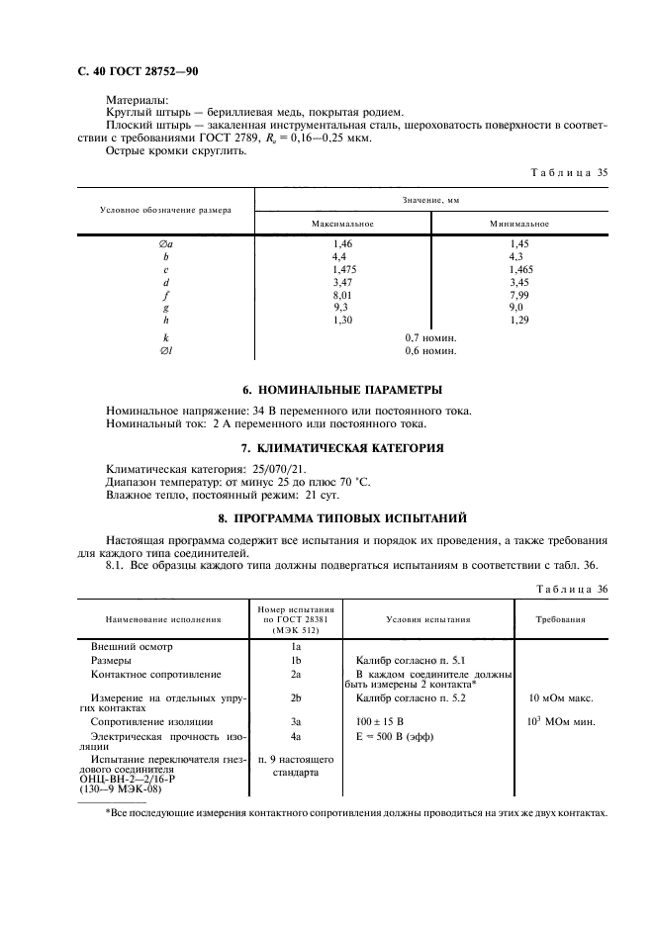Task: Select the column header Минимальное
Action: click(x=519, y=224)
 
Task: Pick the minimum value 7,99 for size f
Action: click(x=519, y=294)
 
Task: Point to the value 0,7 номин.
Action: click(x=430, y=337)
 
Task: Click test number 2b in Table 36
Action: click(x=296, y=697)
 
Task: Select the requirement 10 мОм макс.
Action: click(x=561, y=697)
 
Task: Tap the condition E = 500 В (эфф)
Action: click(x=393, y=737)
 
